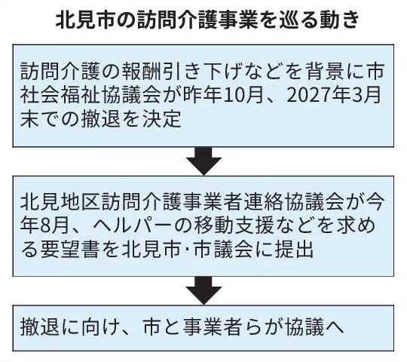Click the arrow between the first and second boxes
pyautogui.click(x=203, y=161)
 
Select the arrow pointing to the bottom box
pyautogui.click(x=203, y=290)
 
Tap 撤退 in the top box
pyautogui.click(x=100, y=120)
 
